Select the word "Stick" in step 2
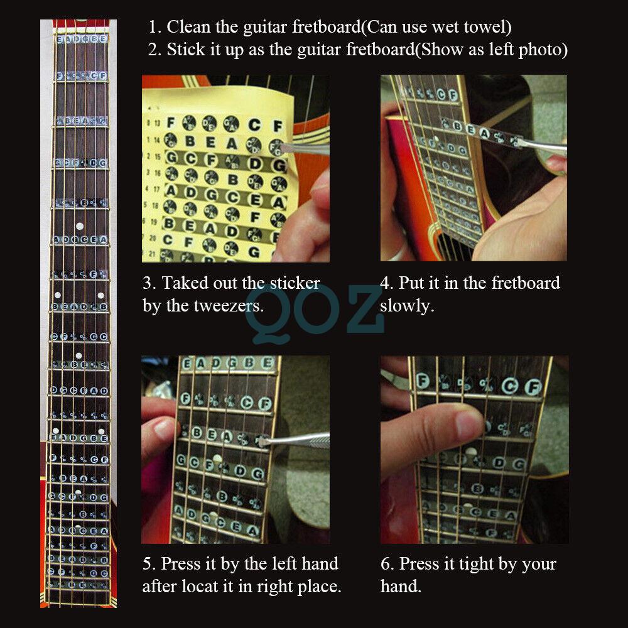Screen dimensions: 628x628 (x=185, y=50)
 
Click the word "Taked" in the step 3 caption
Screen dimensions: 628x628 (x=185, y=283)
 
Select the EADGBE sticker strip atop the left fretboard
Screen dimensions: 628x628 (x=82, y=40)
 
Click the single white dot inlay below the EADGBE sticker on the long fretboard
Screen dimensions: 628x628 (x=80, y=225)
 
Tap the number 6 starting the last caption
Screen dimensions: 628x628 (x=385, y=564)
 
